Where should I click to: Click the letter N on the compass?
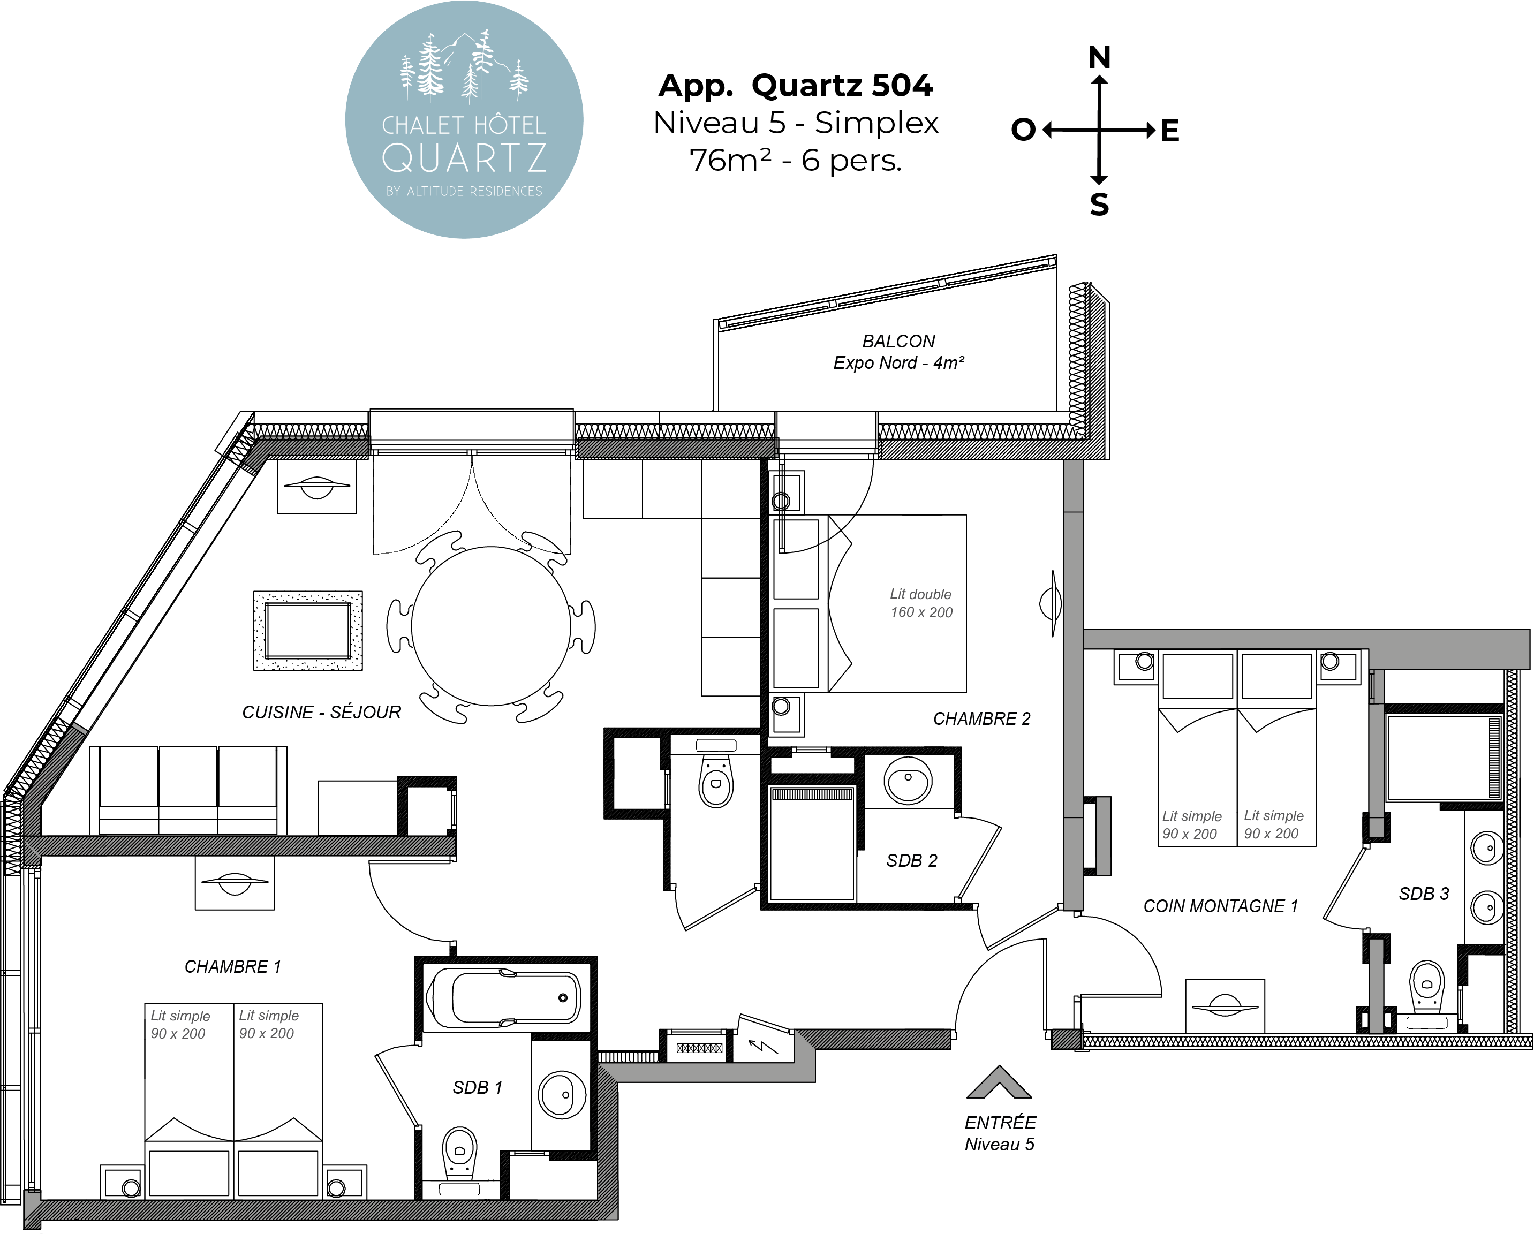1099,57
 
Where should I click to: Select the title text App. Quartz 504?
796,85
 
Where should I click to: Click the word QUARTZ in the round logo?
464,157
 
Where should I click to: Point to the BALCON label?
898,342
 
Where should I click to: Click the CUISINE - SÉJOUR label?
322,712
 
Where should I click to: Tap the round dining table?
491,626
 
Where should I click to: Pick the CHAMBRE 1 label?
233,966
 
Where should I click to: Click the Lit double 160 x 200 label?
921,603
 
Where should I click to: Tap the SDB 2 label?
911,861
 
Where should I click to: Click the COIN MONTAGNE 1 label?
1221,906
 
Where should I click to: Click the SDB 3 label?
1424,894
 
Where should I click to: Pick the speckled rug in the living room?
308,631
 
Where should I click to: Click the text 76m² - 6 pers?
796,161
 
